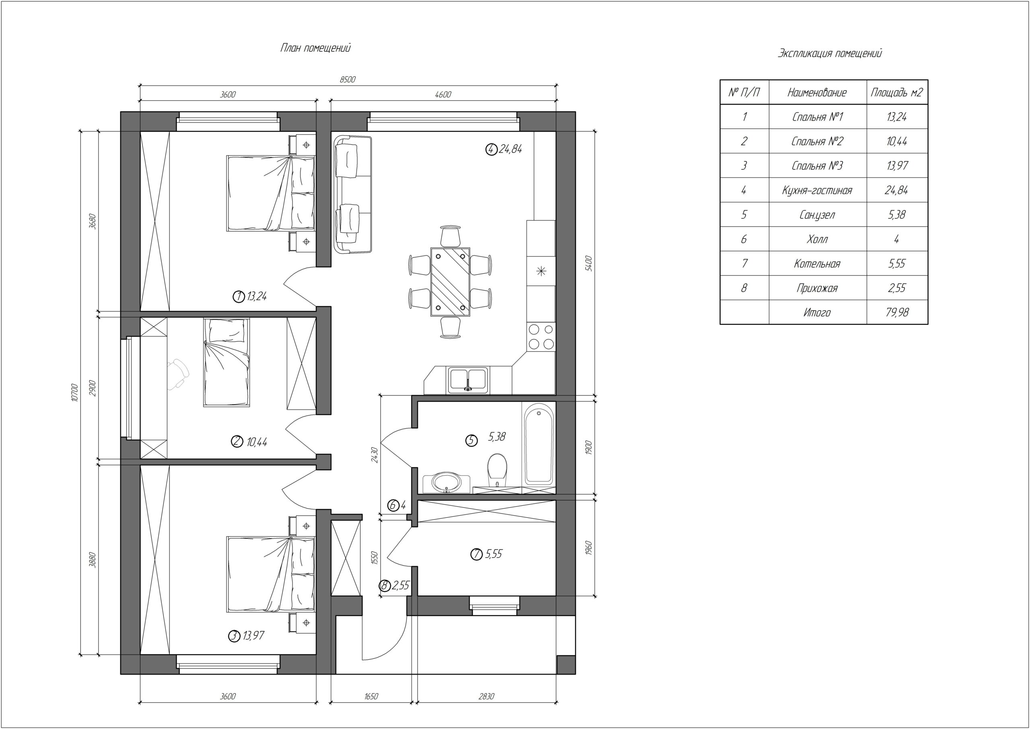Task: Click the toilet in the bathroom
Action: click(497, 469)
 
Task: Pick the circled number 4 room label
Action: click(491, 149)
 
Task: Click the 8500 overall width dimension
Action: click(347, 79)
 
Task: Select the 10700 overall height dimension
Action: click(74, 392)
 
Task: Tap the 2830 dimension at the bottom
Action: click(486, 697)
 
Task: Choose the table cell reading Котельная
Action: click(817, 264)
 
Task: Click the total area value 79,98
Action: click(897, 313)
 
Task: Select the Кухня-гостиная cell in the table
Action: click(817, 190)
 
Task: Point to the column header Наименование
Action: click(817, 93)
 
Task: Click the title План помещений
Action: click(315, 48)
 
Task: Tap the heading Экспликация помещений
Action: click(829, 54)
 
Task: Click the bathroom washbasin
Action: click(446, 482)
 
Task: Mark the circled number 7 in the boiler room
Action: click(476, 554)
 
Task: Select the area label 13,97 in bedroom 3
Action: click(253, 636)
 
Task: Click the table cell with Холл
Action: click(817, 239)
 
